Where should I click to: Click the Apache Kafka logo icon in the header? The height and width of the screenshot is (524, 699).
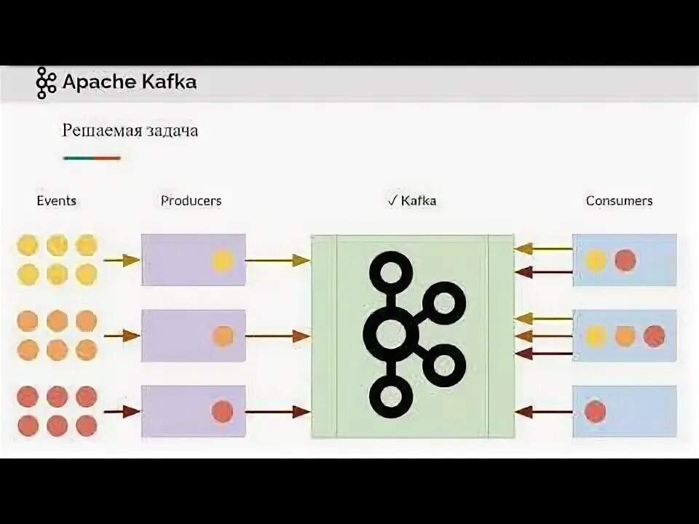[x=46, y=82]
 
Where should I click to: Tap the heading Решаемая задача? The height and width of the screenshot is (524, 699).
[x=130, y=131]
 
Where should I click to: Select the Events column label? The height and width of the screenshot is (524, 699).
[x=56, y=200]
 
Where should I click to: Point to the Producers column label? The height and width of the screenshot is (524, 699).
[x=191, y=200]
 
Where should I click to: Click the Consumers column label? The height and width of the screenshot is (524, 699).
[x=619, y=200]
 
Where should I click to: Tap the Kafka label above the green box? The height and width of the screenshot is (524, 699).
[x=413, y=200]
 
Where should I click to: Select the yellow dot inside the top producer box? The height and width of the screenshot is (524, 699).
[x=222, y=260]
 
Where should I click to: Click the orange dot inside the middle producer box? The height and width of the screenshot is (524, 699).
[x=222, y=336]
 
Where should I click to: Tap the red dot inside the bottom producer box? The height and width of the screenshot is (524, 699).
[x=222, y=411]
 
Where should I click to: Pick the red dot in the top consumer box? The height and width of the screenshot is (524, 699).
[x=625, y=260]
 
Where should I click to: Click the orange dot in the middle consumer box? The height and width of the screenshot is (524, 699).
[x=625, y=336]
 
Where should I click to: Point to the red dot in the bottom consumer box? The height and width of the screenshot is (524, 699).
[x=595, y=411]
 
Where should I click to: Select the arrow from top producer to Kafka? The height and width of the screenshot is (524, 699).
[x=277, y=260]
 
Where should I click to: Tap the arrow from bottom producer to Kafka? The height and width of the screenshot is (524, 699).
[x=277, y=412]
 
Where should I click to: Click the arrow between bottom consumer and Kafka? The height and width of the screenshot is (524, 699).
[x=543, y=412]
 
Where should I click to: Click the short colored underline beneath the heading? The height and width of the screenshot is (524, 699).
[x=92, y=158]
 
